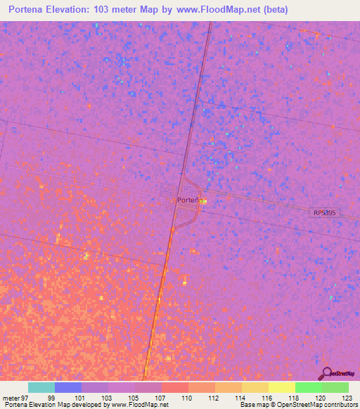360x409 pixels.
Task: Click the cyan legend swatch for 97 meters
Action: pos(41,387)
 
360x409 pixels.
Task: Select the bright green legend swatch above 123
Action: pos(335,387)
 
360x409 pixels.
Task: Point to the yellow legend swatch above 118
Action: pos(281,387)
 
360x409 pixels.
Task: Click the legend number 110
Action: pos(187,398)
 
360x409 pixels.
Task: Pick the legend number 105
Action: pos(134,398)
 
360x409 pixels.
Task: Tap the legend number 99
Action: pos(51,398)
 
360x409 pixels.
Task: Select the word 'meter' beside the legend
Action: pos(11,398)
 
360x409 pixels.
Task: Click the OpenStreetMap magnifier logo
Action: pos(326,374)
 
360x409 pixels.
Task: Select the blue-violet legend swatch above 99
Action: pos(68,387)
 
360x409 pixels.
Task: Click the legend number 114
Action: pos(240,398)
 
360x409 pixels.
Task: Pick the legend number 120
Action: pos(319,398)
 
